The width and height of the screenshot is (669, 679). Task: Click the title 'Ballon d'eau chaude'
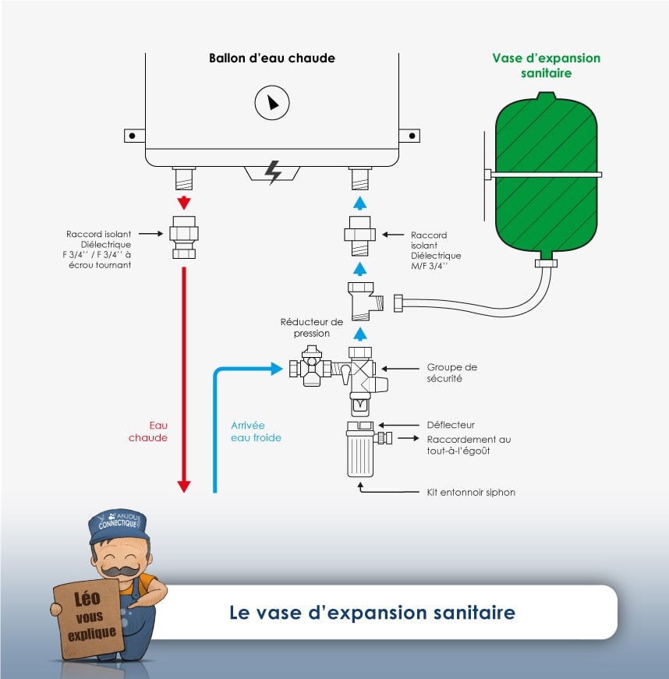pyautogui.click(x=271, y=58)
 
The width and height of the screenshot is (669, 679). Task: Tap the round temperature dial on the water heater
pyautogui.click(x=271, y=102)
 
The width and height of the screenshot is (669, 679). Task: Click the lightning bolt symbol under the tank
pyautogui.click(x=273, y=172)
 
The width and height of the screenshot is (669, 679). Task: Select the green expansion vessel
pyautogui.click(x=546, y=172)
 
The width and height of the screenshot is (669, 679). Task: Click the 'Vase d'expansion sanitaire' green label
pyautogui.click(x=546, y=65)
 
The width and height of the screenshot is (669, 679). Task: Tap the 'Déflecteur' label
pyautogui.click(x=451, y=425)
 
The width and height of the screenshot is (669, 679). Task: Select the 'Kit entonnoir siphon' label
pyautogui.click(x=471, y=492)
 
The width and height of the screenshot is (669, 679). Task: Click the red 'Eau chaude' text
pyautogui.click(x=148, y=431)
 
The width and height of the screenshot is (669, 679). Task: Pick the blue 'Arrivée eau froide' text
pyautogui.click(x=256, y=431)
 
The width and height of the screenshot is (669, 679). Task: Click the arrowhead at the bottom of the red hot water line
pyautogui.click(x=184, y=486)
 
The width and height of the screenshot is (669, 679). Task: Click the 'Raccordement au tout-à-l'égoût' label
pyautogui.click(x=469, y=445)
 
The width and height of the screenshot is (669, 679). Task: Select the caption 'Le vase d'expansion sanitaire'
pyautogui.click(x=372, y=612)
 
